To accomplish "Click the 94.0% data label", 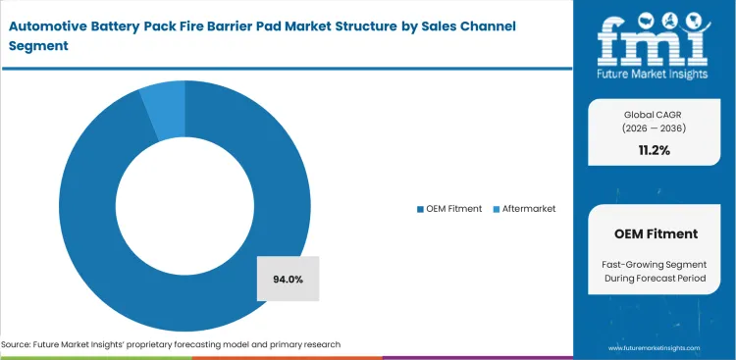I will tap(288, 280).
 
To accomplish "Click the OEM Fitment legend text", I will tap(453, 209).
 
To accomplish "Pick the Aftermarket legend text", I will tap(529, 209).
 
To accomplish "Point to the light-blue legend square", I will tap(496, 209).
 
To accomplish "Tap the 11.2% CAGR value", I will tap(656, 151).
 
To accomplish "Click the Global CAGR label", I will tap(656, 115).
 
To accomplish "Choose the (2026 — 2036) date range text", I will tap(656, 129).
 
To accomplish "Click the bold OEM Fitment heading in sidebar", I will tap(656, 234).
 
